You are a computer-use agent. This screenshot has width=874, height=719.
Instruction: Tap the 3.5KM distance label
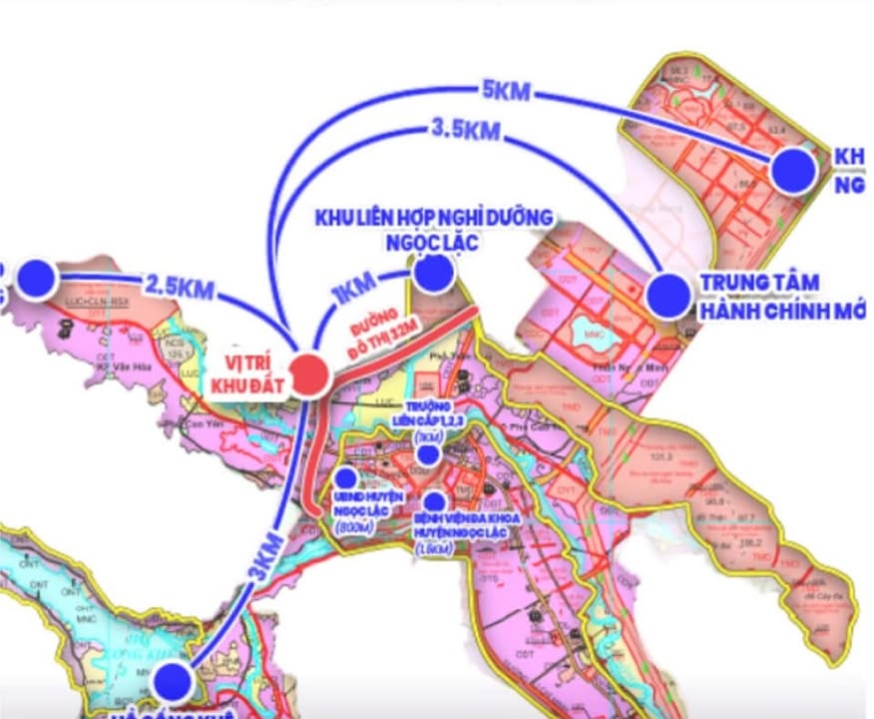465,130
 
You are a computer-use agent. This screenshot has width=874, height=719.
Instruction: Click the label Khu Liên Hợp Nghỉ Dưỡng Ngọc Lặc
433,230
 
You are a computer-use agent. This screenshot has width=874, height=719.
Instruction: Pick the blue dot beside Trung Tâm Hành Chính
667,295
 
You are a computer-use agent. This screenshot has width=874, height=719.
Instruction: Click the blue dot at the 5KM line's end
794,170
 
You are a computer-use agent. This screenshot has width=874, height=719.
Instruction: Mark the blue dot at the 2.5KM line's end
36,278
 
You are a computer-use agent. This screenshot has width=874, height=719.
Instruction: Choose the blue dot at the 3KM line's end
172,682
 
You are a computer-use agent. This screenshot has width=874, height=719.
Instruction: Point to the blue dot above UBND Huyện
346,477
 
